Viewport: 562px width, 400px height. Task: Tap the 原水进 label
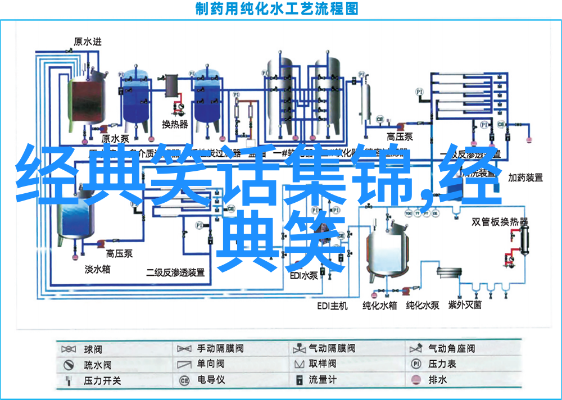[x=88, y=41]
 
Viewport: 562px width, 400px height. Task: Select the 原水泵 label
[x=115, y=139]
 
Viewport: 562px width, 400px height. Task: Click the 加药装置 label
[x=525, y=178]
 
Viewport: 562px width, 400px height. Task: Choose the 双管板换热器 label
[x=500, y=222]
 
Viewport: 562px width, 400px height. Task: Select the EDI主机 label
[x=332, y=306]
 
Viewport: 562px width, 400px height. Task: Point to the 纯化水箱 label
[x=379, y=306]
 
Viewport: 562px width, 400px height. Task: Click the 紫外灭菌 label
[x=465, y=306]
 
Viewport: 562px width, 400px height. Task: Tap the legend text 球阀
[x=93, y=349]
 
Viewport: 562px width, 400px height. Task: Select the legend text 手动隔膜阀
[x=220, y=349]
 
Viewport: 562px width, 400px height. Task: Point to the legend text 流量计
[x=323, y=380]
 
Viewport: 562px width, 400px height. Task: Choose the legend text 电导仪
[x=211, y=380]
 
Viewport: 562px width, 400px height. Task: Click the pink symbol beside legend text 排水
[x=416, y=380]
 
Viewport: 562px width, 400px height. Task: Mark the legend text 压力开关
[x=102, y=380]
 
